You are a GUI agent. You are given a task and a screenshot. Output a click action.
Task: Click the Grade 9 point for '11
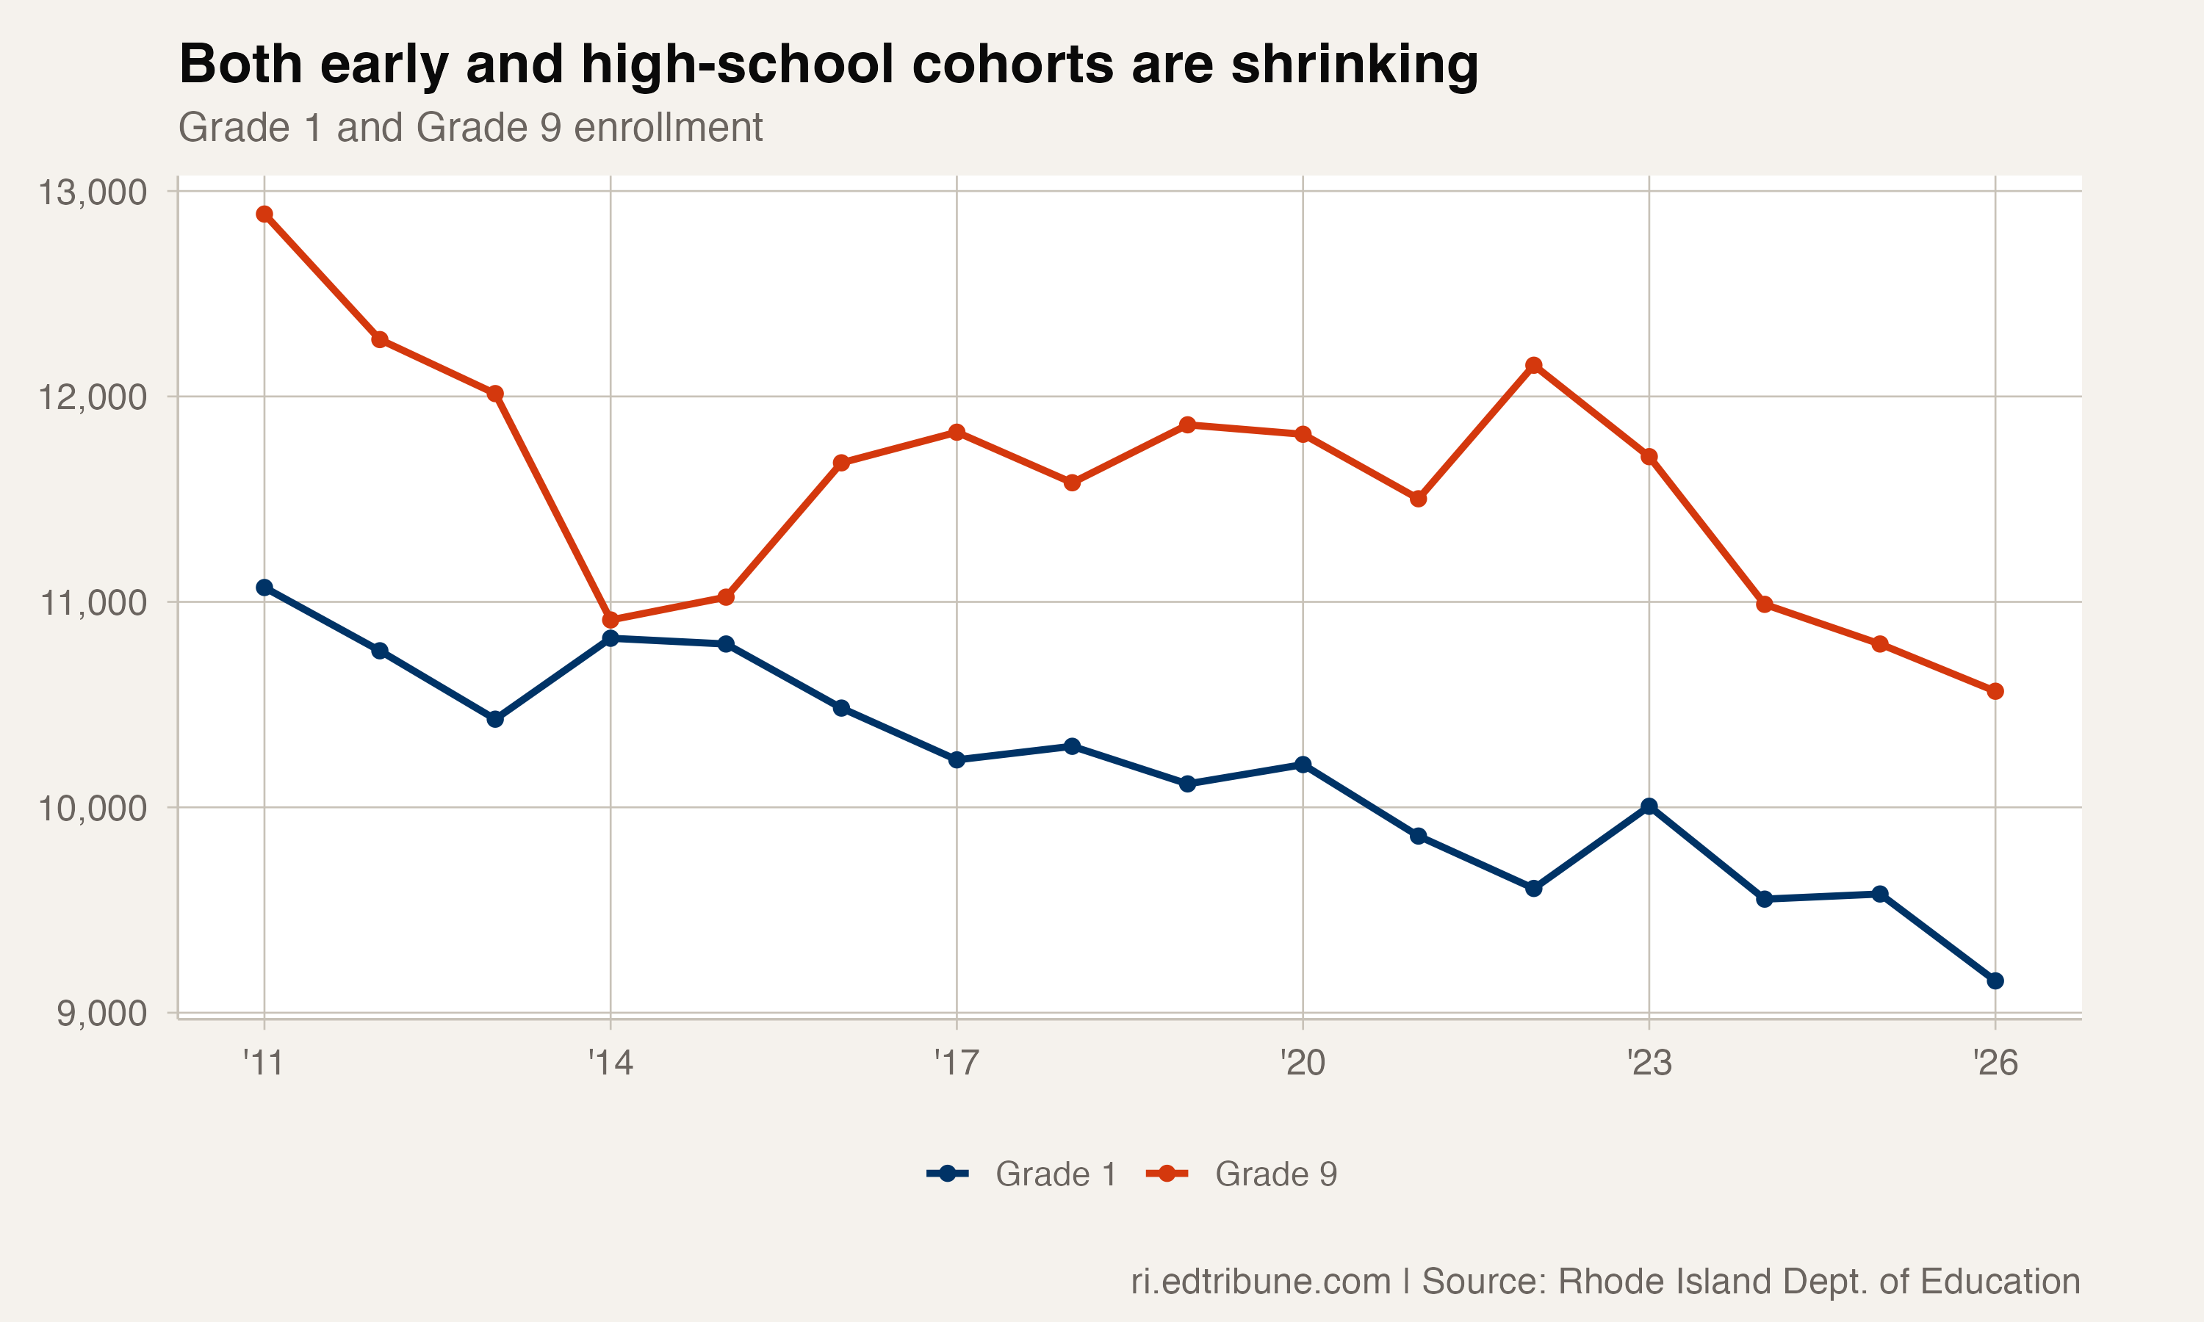[x=264, y=214]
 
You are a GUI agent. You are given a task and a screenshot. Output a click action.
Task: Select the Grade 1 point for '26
[x=1995, y=980]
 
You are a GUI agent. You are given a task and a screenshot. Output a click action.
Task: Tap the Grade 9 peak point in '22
[x=1533, y=365]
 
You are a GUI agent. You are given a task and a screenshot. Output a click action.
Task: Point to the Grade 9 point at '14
[x=611, y=620]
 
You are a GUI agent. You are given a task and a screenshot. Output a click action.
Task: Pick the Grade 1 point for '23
[x=1649, y=806]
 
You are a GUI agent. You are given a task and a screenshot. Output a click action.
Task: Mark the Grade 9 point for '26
[x=1995, y=691]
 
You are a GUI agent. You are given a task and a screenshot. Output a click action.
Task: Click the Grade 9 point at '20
[x=1303, y=434]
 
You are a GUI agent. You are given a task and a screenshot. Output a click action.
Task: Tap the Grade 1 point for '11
[x=264, y=587]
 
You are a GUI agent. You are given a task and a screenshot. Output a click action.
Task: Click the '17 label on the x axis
[x=956, y=1063]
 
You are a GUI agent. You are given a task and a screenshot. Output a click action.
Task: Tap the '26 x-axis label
[x=1995, y=1063]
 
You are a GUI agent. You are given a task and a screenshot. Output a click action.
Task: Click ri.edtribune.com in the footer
[x=1260, y=1281]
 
